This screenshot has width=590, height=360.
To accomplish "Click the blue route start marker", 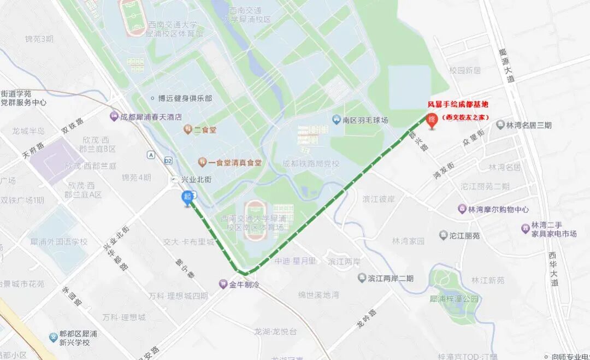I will (188, 198).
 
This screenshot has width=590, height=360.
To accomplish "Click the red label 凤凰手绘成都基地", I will (458, 104).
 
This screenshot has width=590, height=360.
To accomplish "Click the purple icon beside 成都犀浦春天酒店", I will (114, 116).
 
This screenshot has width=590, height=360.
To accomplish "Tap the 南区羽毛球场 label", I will (365, 120).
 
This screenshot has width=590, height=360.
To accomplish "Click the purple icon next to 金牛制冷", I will (223, 284).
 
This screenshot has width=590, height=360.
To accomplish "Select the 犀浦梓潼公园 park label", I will (454, 299).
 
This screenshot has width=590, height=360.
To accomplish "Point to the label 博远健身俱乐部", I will (185, 98).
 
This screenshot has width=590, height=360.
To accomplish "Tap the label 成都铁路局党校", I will (311, 163).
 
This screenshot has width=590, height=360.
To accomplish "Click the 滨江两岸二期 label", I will (390, 279).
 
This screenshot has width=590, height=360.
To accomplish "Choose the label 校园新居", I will (464, 70).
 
